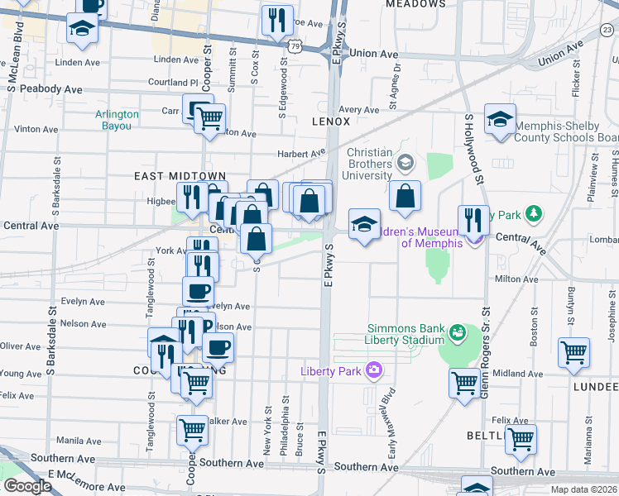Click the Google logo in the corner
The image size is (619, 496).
pyautogui.click(x=26, y=486)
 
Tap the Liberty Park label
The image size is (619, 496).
pyautogui.click(x=331, y=371)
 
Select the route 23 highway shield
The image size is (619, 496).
pyautogui.click(x=607, y=30)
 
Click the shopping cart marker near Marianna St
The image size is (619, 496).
pyautogui.click(x=521, y=439)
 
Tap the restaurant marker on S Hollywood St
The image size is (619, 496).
pyautogui.click(x=473, y=220)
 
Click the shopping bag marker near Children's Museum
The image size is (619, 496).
pyautogui.click(x=405, y=197)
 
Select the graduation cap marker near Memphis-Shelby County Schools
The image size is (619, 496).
pyautogui.click(x=500, y=119)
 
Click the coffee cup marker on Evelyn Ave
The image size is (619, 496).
pyautogui.click(x=198, y=291)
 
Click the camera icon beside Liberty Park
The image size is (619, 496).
pyautogui.click(x=373, y=370)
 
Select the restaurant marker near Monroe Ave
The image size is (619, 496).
pyautogui.click(x=277, y=20)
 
